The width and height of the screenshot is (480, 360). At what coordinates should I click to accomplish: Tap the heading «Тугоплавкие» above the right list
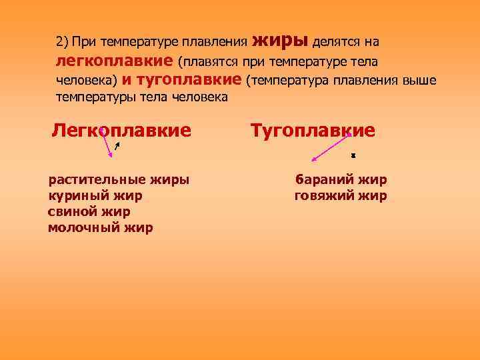point(313,130)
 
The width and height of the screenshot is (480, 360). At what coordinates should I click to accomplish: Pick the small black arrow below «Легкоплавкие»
point(117,146)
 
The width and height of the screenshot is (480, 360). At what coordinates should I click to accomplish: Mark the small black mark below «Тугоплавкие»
point(353,156)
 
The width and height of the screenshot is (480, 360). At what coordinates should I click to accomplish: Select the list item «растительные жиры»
point(118,179)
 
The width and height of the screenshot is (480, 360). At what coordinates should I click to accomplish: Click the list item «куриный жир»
point(95,195)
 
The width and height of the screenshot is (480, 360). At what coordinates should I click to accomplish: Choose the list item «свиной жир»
point(89,211)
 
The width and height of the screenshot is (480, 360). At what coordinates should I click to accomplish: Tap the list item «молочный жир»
point(100,228)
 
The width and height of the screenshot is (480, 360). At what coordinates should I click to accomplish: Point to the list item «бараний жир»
point(341,179)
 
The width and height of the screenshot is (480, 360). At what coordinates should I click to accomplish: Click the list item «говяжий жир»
point(341,195)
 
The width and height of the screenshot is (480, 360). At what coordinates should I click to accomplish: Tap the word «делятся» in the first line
point(335,43)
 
